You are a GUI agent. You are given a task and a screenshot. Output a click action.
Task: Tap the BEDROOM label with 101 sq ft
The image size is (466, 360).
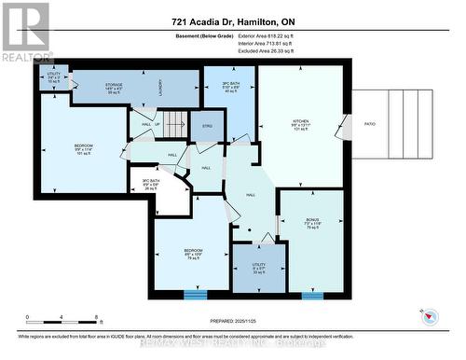[x=83, y=148]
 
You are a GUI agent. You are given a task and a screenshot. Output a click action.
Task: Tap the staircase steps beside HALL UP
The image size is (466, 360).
[x=169, y=124]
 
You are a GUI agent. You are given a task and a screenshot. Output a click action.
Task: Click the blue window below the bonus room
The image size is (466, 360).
[x=312, y=295]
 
